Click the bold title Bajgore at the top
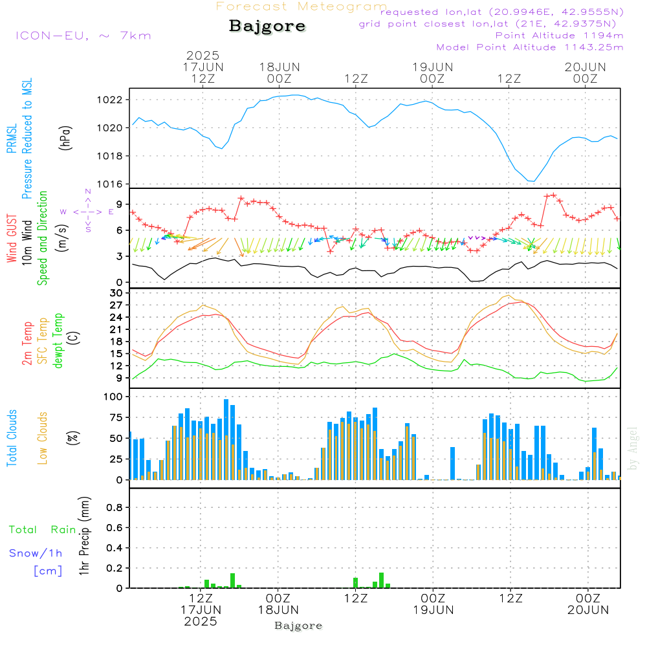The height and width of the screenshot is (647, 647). tap(267, 27)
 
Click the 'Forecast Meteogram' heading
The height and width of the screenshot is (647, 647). tap(302, 6)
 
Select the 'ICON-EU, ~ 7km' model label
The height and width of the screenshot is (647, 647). tap(83, 35)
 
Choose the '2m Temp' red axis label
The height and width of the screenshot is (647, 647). tap(27, 343)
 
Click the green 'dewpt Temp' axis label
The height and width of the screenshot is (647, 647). tap(58, 340)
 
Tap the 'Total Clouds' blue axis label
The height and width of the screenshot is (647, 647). tap(12, 438)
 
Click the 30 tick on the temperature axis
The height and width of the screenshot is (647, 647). tap(116, 293)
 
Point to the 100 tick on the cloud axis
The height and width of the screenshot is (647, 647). tap(113, 397)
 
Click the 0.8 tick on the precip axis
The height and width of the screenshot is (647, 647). tap(115, 508)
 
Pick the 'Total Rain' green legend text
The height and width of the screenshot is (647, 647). tap(42, 529)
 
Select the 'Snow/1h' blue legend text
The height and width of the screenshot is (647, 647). tap(36, 553)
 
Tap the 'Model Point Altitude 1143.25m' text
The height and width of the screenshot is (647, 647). tap(529, 47)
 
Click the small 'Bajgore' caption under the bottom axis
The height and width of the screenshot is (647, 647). tap(298, 626)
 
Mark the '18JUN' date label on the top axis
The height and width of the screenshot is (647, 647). tap(280, 67)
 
